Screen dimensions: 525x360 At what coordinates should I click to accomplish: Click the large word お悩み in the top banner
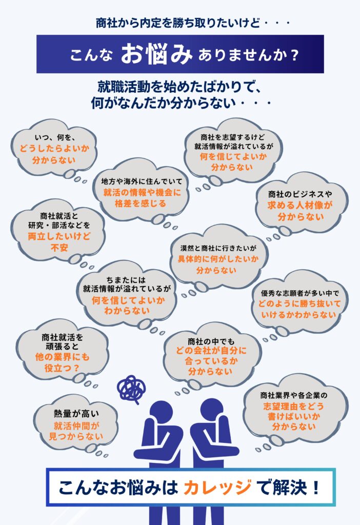[156, 55]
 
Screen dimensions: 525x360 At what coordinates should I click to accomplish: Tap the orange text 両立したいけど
[57, 236]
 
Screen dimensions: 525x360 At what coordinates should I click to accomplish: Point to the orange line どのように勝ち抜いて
[300, 304]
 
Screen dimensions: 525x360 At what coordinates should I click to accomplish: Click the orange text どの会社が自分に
[211, 351]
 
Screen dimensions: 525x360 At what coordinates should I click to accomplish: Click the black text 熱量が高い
[75, 413]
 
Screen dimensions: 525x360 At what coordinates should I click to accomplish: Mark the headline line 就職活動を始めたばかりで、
[179, 86]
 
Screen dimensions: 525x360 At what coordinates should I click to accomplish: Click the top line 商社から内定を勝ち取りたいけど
[179, 23]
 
